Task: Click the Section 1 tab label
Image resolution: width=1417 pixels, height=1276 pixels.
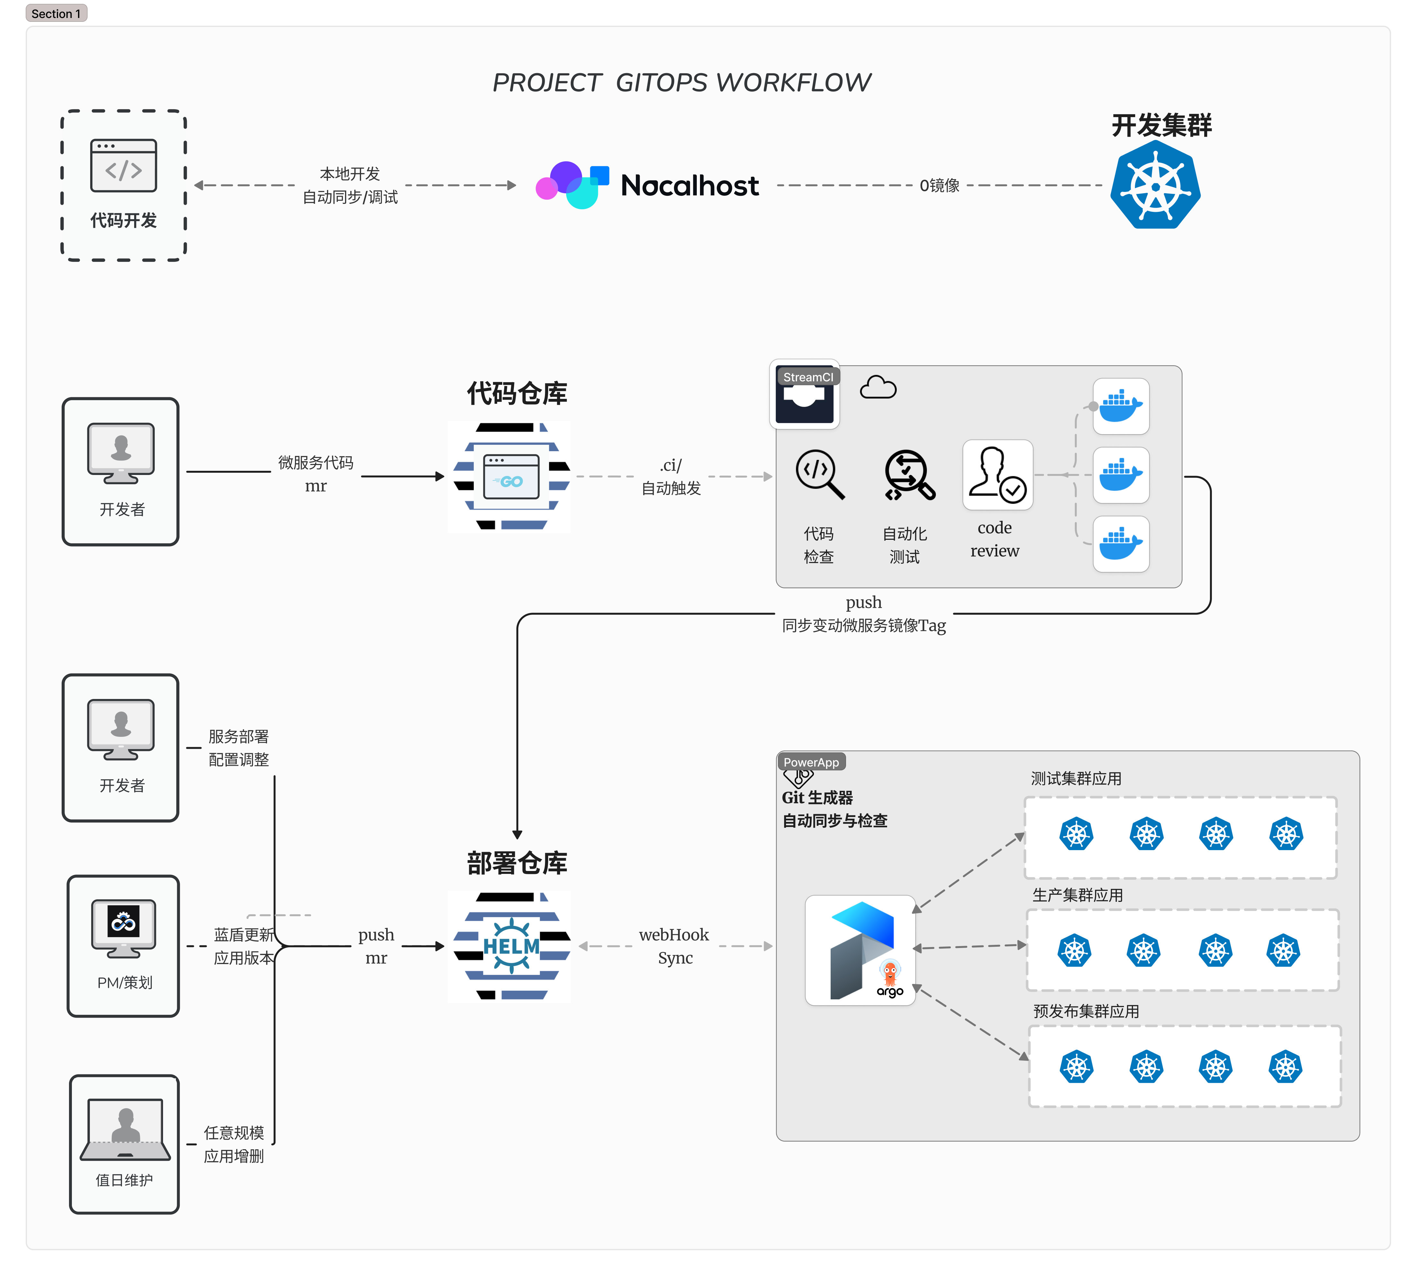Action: pyautogui.click(x=56, y=13)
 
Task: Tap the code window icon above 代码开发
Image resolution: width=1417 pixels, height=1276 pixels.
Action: pyautogui.click(x=123, y=166)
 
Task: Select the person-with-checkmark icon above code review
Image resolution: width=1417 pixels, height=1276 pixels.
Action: pyautogui.click(x=997, y=475)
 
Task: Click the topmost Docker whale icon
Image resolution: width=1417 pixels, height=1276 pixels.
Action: pyautogui.click(x=1120, y=407)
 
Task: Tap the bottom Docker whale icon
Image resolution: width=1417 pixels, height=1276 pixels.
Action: pyautogui.click(x=1120, y=544)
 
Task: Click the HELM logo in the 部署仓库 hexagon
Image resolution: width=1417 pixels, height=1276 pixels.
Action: pyautogui.click(x=511, y=946)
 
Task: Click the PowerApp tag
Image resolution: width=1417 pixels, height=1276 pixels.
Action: pyautogui.click(x=810, y=762)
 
